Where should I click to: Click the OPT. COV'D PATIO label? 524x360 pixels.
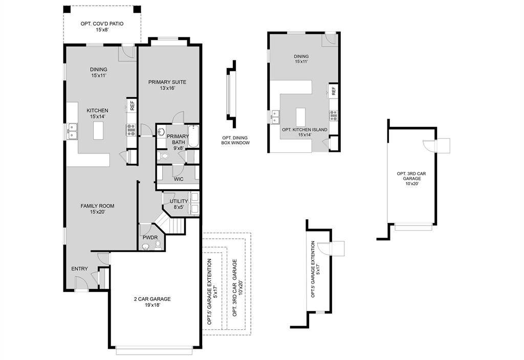(x=102, y=24)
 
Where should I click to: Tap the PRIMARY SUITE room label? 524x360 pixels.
(x=167, y=82)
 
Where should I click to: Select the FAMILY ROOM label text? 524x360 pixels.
(x=97, y=206)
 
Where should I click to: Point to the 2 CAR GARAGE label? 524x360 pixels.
(x=152, y=299)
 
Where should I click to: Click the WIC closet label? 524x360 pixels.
(x=179, y=179)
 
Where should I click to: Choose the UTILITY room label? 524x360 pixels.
(x=179, y=201)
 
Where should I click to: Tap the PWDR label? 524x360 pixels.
(x=150, y=237)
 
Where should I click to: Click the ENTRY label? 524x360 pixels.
(x=79, y=269)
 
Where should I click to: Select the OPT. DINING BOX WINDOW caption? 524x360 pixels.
(x=235, y=141)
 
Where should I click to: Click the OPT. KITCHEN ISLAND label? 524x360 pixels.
(x=304, y=130)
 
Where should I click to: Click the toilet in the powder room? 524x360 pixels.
(x=158, y=245)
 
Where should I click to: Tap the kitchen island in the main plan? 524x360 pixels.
(x=98, y=129)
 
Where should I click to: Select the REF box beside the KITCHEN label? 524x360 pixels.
(x=132, y=105)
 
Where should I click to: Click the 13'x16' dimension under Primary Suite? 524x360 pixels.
(x=167, y=88)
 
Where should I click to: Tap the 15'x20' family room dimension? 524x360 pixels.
(x=97, y=212)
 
